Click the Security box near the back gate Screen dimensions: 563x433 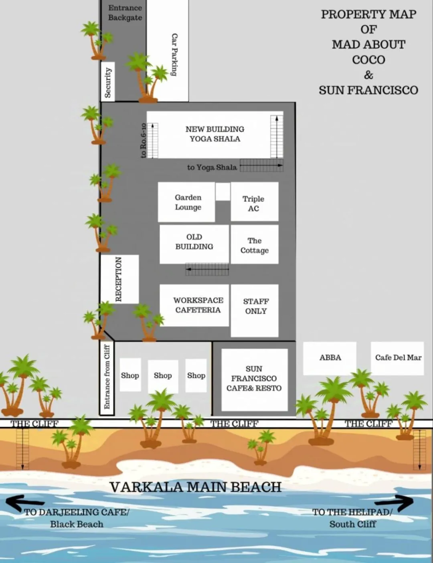coord(107,82)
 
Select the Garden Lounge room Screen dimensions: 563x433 coord(187,202)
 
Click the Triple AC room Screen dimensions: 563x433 coord(254,202)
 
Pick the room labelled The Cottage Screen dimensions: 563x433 coord(254,244)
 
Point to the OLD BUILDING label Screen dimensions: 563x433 coord(194,242)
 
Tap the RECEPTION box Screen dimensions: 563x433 coord(119,279)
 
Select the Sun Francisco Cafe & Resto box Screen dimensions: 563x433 coord(254,379)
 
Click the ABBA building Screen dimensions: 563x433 coord(330,358)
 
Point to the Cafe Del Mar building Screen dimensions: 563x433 coord(397,358)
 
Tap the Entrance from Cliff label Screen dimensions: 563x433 coord(107,377)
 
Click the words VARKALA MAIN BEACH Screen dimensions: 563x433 coord(195,487)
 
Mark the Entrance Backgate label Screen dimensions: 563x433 coord(125,13)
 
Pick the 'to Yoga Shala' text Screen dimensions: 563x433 coord(212,167)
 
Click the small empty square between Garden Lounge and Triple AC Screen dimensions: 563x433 coord(223,192)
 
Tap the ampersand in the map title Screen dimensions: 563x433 coord(368,75)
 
